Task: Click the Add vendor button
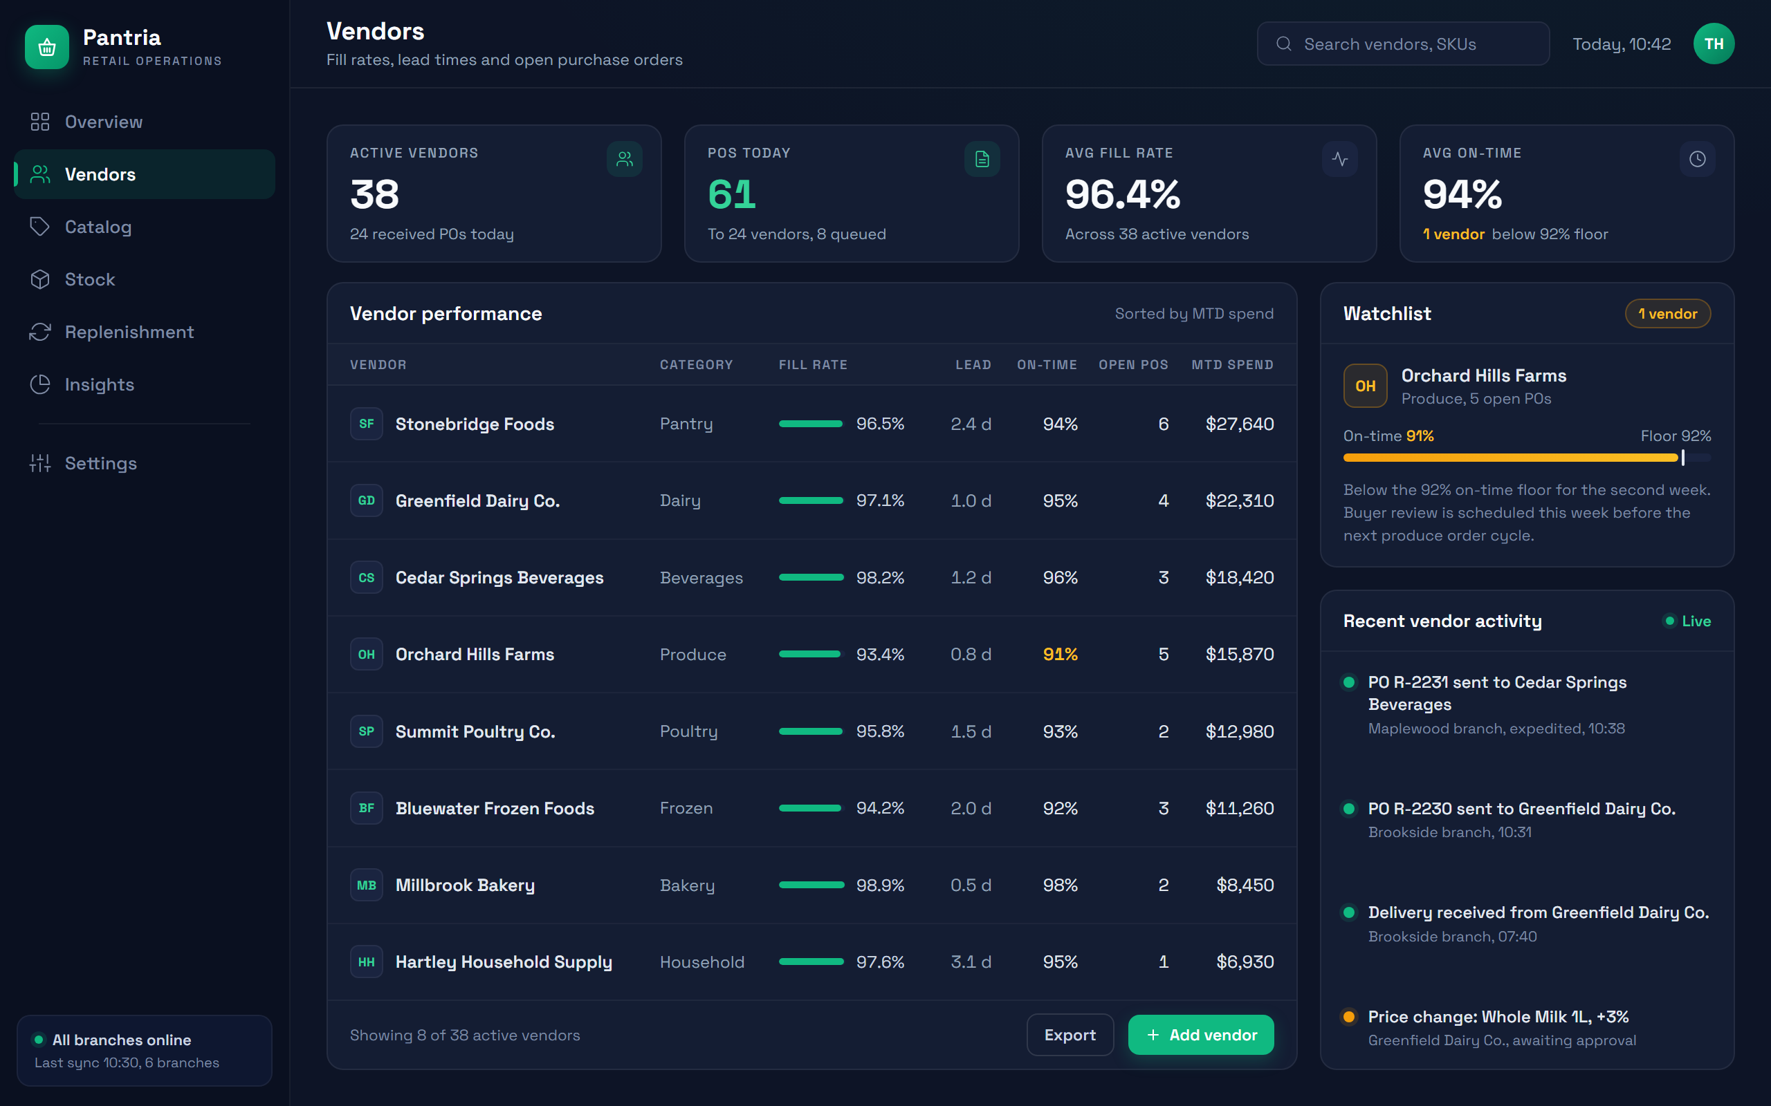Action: pos(1200,1034)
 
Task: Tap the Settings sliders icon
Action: pos(40,463)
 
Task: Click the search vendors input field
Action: pos(1403,44)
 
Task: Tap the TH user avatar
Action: pos(1713,44)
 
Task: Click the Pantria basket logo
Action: pos(47,47)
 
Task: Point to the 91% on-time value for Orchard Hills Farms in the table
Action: pos(1060,654)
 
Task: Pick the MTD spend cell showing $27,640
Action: pos(1240,424)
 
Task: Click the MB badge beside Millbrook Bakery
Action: pos(367,885)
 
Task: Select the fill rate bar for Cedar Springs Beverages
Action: pos(811,577)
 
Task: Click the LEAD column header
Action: pos(973,364)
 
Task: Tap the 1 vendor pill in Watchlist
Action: pos(1668,314)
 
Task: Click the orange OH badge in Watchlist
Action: pos(1365,386)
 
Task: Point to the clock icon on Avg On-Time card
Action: pos(1697,159)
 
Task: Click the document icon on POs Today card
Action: pos(982,159)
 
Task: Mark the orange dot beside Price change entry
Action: pos(1349,1017)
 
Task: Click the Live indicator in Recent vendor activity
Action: pos(1687,621)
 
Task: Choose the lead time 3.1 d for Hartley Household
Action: pos(971,962)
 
